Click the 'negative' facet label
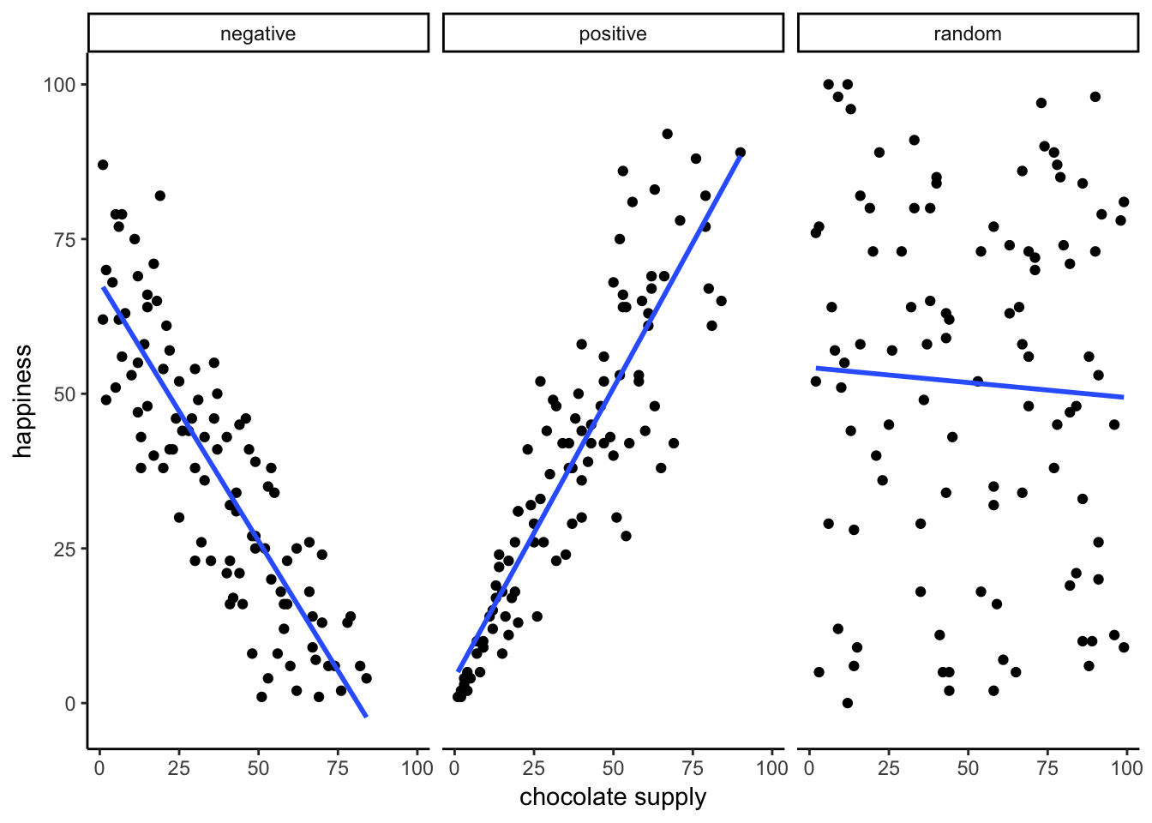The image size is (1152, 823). [258, 34]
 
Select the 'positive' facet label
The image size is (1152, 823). [613, 34]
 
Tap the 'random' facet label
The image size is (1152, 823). [968, 34]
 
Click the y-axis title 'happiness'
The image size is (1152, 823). [22, 401]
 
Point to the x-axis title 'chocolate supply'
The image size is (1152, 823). [613, 797]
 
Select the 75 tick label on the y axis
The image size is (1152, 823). [65, 239]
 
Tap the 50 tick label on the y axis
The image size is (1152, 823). [65, 394]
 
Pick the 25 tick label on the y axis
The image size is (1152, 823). [65, 549]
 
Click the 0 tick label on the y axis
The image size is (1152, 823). [71, 704]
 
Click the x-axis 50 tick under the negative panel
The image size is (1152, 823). [258, 768]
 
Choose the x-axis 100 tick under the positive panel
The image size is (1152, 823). [771, 768]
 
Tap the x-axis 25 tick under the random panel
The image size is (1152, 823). [889, 768]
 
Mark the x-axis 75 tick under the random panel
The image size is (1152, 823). [1047, 768]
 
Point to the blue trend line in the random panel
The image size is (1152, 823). [969, 382]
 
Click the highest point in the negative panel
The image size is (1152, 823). [103, 165]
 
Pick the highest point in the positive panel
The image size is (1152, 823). [667, 134]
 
